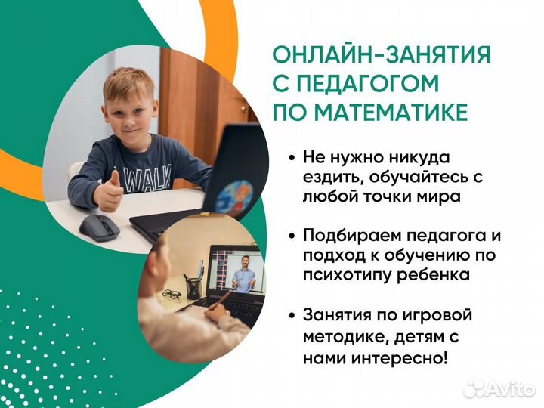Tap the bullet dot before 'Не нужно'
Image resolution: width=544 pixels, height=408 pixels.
point(292,159)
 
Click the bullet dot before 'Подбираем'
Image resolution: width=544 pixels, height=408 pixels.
point(292,236)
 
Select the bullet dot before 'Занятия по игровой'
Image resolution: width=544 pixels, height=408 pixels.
point(292,314)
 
